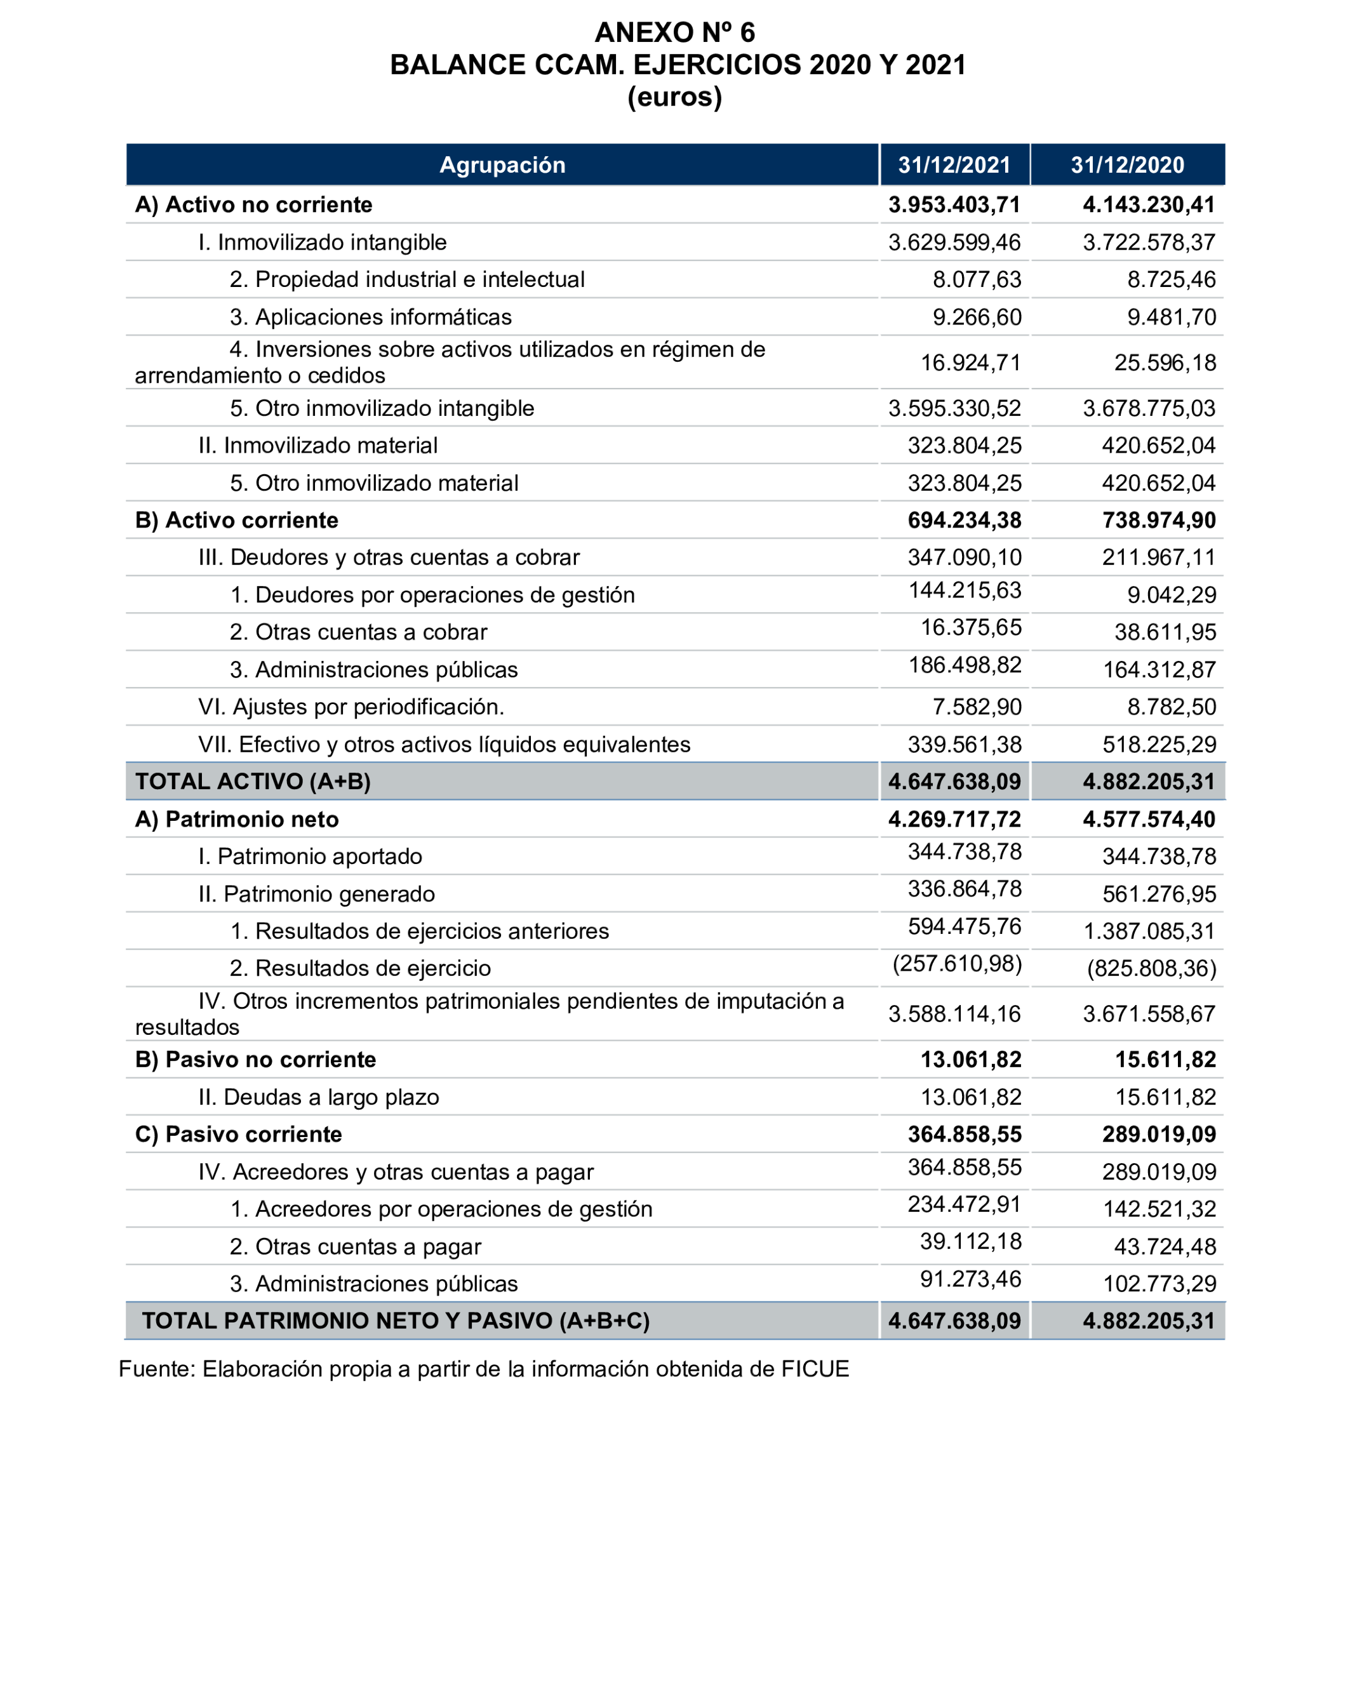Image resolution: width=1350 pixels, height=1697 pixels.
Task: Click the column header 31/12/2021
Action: click(953, 164)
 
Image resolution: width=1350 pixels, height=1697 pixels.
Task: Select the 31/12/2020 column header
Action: click(1126, 164)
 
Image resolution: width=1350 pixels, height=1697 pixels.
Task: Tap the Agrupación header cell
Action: click(502, 164)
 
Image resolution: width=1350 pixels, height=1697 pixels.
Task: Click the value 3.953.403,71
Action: click(953, 204)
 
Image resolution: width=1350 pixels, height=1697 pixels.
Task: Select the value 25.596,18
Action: click(1164, 363)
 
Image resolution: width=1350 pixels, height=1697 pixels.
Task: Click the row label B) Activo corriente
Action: click(236, 521)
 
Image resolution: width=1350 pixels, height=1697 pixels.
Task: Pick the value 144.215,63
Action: click(965, 590)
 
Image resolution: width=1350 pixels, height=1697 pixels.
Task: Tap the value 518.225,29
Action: click(1159, 745)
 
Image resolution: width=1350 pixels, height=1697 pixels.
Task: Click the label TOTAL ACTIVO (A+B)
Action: click(253, 782)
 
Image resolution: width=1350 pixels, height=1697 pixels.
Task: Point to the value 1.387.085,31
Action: click(1149, 931)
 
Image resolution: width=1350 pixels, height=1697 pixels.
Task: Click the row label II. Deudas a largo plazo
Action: click(318, 1097)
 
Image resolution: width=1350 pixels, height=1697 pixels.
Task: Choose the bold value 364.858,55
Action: click(965, 1135)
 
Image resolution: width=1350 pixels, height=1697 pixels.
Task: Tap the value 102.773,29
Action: click(1159, 1284)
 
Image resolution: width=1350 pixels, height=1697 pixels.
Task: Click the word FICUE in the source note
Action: click(815, 1369)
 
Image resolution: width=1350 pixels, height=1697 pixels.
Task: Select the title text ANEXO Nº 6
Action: click(674, 32)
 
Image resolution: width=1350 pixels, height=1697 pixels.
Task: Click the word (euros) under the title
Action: click(674, 96)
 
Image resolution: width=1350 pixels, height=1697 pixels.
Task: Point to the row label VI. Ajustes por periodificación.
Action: click(351, 707)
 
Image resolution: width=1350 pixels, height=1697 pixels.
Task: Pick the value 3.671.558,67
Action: click(1149, 1014)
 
